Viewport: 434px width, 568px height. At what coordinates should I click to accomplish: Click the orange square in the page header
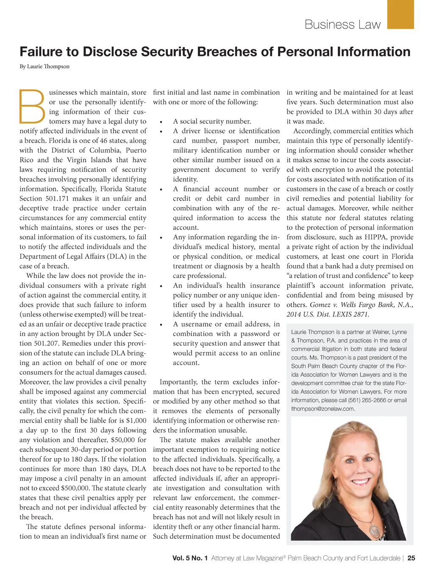point(401,14)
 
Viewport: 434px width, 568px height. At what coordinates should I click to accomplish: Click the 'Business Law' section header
point(342,25)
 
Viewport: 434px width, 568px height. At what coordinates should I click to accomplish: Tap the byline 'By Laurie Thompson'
point(45,67)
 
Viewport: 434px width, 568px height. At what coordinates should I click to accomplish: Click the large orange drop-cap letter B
point(32,106)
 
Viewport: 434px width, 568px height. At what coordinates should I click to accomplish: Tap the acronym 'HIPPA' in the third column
point(377,237)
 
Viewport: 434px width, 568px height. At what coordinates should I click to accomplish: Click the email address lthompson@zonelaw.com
point(323,409)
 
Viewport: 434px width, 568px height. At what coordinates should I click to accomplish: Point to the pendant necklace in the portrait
point(375,530)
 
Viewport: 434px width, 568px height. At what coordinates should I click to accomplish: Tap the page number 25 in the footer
point(411,558)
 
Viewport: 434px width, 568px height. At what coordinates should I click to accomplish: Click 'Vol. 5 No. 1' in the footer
point(190,558)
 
